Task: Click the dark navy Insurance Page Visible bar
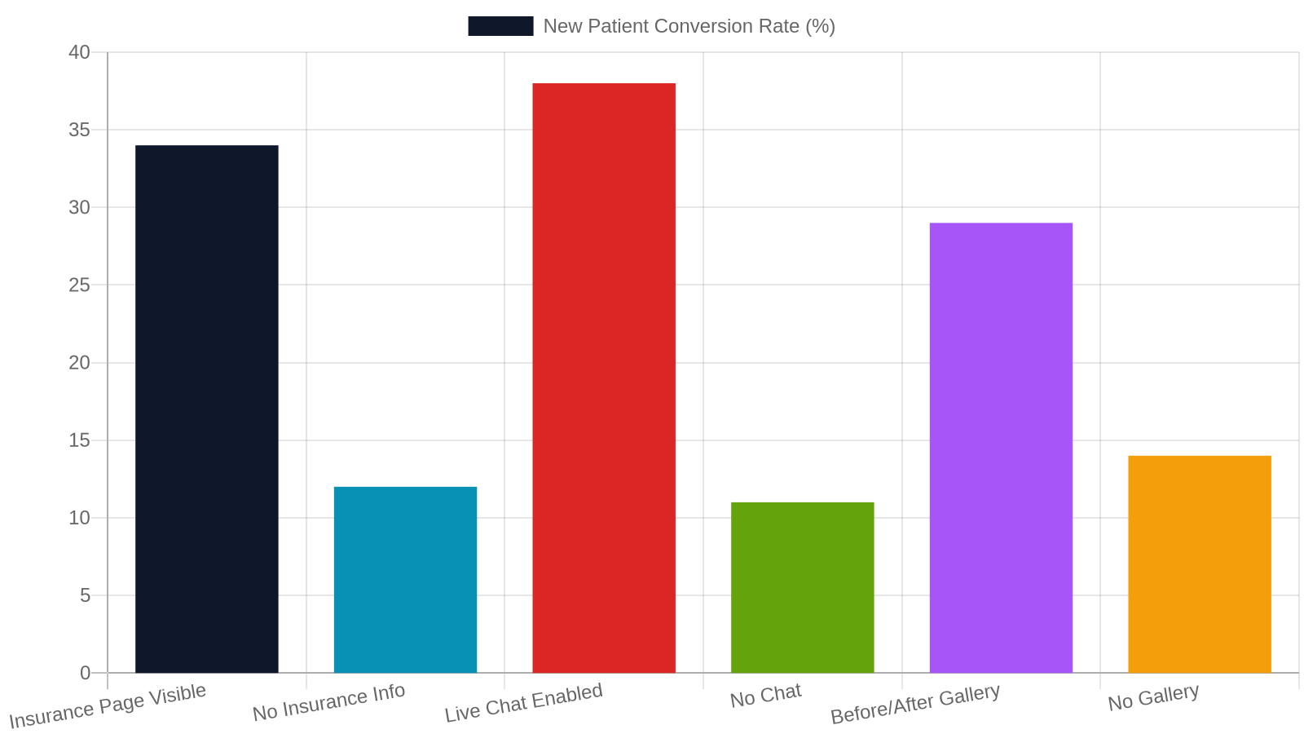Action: tap(207, 409)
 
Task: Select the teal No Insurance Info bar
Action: tap(405, 580)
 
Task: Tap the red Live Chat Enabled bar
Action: tap(604, 378)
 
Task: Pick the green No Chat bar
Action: tap(802, 587)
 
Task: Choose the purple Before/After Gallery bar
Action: tap(1001, 448)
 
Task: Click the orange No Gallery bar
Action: tap(1199, 564)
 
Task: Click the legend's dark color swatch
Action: tap(500, 26)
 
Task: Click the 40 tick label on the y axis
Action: tap(79, 52)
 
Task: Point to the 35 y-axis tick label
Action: tap(79, 130)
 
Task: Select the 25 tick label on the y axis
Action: tap(79, 285)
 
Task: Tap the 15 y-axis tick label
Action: tap(79, 440)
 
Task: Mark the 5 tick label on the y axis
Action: tap(85, 595)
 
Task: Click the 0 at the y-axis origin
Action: tap(85, 673)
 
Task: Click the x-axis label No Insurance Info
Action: tap(328, 702)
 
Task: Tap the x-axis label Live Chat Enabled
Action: tap(523, 702)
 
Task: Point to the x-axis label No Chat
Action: tap(765, 696)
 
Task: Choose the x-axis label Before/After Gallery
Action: tap(915, 704)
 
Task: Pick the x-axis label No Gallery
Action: tap(1153, 697)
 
